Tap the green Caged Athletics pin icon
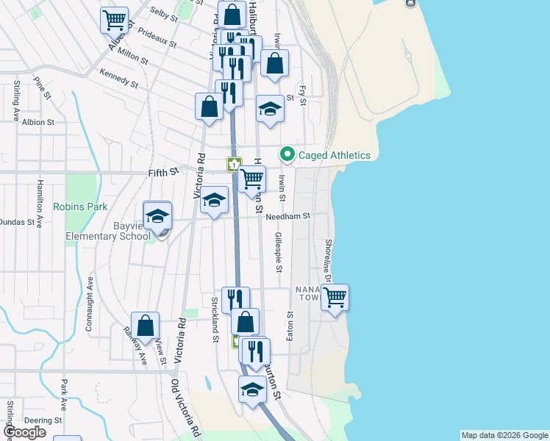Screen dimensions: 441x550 coord(287,155)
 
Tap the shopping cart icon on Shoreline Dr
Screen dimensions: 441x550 coord(335,298)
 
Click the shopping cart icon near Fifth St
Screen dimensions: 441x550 coord(252,179)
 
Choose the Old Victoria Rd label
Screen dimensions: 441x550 coord(186,408)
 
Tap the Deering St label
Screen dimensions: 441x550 coord(42,420)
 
